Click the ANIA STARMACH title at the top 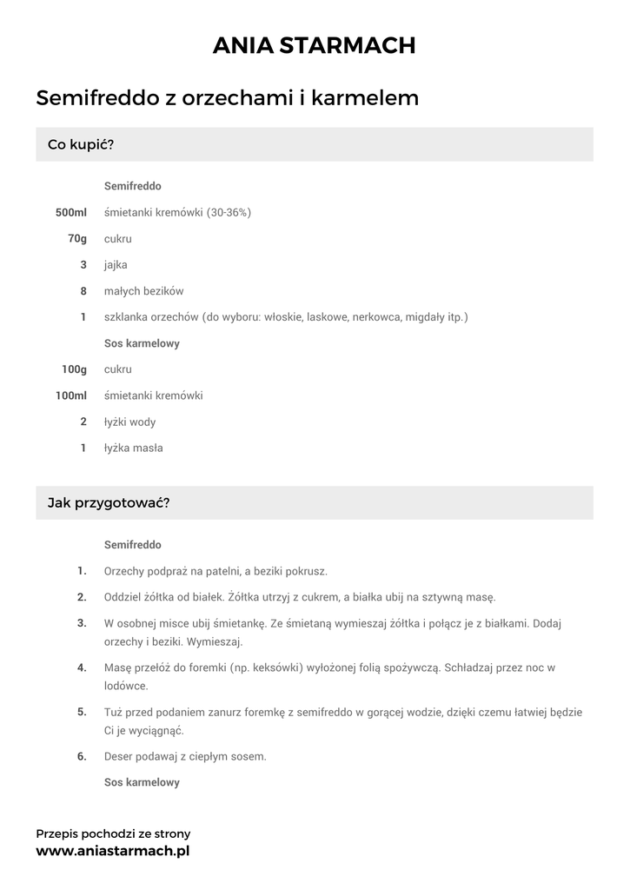[315, 45]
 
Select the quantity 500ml [71, 212]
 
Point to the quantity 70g [77, 238]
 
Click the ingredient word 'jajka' [116, 265]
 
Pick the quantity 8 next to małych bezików [83, 291]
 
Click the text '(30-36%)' [229, 212]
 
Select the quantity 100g [74, 369]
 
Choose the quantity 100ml [71, 395]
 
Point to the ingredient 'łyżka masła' [133, 448]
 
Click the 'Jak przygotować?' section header [108, 502]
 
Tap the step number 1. [82, 571]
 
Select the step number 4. [82, 667]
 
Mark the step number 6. [82, 756]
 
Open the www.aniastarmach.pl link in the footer [112, 852]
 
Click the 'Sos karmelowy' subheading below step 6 [142, 782]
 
